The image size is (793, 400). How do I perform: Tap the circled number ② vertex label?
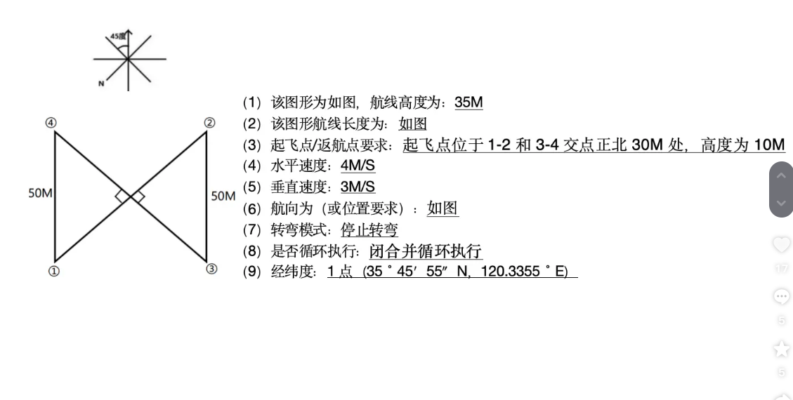tap(209, 122)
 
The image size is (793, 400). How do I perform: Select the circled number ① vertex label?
tap(54, 270)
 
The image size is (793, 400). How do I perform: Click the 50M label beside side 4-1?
tap(40, 193)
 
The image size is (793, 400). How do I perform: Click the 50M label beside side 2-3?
tap(223, 195)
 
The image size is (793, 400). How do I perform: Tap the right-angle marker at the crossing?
tap(130, 196)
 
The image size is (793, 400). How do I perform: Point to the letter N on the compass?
tap(100, 84)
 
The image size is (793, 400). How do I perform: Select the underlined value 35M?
tap(468, 102)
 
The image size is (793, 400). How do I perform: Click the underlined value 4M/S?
tap(358, 167)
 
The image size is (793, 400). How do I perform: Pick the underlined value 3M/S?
tap(358, 187)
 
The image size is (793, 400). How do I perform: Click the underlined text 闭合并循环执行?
tap(426, 251)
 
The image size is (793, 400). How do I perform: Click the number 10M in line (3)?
tap(768, 145)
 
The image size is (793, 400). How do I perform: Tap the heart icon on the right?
tap(781, 245)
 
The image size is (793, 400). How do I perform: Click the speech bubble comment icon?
tap(781, 297)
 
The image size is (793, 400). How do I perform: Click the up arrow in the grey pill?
tap(781, 176)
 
